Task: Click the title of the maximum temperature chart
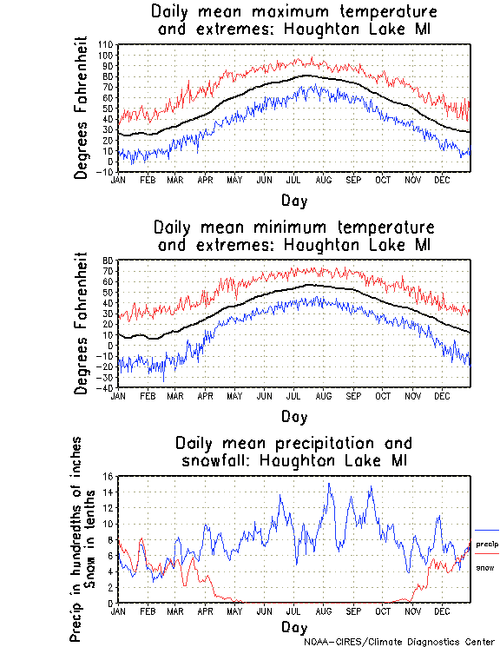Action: pyautogui.click(x=293, y=21)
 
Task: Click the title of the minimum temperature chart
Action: pyautogui.click(x=293, y=236)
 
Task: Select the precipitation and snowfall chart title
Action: pyautogui.click(x=293, y=450)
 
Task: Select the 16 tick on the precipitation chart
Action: pyautogui.click(x=109, y=476)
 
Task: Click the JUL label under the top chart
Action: pyautogui.click(x=293, y=180)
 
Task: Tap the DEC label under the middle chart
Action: pyautogui.click(x=441, y=395)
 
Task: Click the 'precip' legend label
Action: pyautogui.click(x=487, y=543)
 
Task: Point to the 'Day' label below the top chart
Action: pyautogui.click(x=293, y=200)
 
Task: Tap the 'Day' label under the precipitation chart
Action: pyautogui.click(x=293, y=626)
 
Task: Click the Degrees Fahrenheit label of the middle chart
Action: pyautogui.click(x=82, y=323)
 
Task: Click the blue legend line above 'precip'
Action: pyautogui.click(x=487, y=530)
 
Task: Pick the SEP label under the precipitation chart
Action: pyautogui.click(x=352, y=611)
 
